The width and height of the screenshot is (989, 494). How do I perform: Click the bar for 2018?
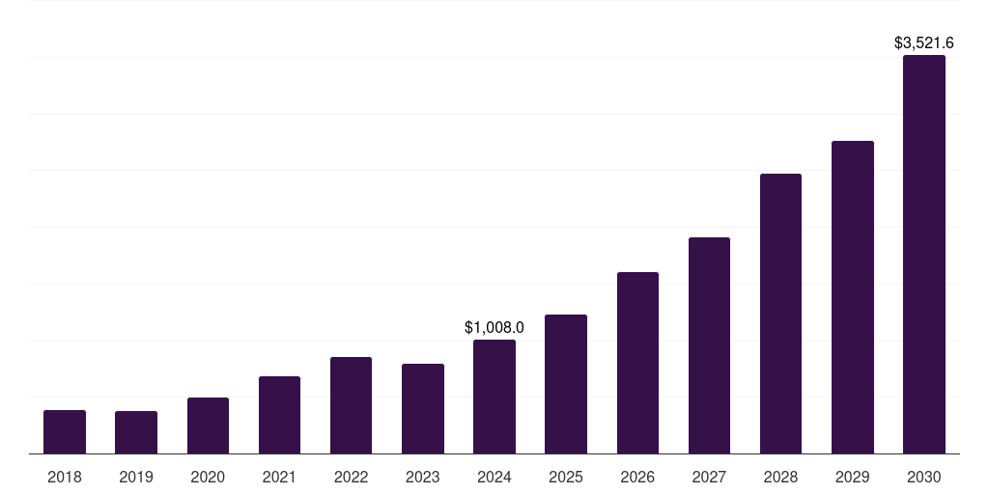pos(65,431)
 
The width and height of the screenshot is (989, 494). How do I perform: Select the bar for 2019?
pos(136,432)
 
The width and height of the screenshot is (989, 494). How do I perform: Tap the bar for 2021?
pos(279,415)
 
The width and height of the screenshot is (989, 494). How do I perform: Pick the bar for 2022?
pos(351,405)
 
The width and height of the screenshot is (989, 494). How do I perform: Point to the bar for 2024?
pos(494,397)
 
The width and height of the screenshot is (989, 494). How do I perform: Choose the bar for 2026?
pos(637,363)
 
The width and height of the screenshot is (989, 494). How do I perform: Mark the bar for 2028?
pos(780,314)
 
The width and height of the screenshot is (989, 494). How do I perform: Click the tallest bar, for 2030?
pos(924,254)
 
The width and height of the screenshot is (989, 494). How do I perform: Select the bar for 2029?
pos(853,297)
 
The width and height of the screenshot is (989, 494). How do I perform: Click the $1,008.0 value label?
pos(494,328)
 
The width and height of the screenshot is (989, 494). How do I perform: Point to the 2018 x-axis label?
pos(65,477)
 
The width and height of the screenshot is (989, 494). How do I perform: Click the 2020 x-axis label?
pos(208,477)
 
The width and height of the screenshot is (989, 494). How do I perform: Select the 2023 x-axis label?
pos(423,477)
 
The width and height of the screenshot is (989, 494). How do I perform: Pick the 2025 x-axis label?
pos(566,477)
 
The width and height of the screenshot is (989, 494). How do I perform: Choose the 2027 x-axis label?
pos(709,477)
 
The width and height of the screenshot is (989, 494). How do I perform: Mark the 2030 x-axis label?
pos(924,477)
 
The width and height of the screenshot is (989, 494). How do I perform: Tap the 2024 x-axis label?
pos(494,477)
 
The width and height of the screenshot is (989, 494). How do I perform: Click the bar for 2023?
pos(423,408)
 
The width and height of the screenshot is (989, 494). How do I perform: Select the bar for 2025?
pos(566,384)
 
